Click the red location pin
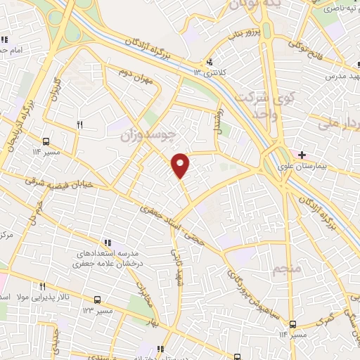click(181, 165)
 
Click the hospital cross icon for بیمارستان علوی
click(302, 155)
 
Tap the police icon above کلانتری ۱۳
click(210, 61)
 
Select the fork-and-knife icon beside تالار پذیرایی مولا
click(42, 287)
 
